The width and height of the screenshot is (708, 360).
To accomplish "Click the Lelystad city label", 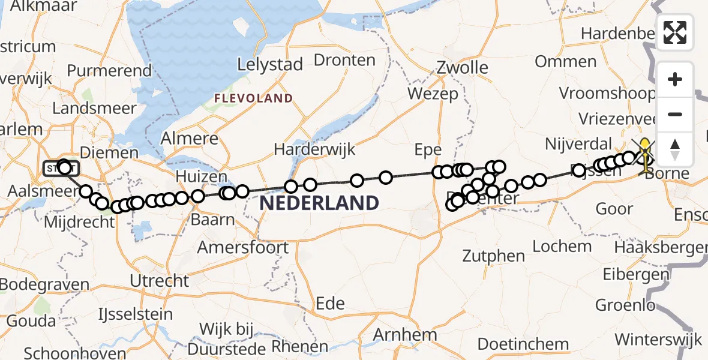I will pos(269,65).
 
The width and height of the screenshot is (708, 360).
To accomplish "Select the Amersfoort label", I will pos(243,247).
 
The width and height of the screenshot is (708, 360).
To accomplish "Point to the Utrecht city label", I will pos(159,280).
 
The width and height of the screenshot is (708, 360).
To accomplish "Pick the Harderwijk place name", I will pos(315,149).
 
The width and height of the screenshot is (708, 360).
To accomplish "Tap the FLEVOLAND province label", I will pos(254,98).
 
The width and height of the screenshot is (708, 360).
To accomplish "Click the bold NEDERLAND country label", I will pos(319,203).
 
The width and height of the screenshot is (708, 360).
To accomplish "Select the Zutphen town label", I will pos(494,256).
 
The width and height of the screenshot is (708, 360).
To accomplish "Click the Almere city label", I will pos(190,139).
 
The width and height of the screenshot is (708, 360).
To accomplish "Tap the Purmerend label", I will pos(109,71).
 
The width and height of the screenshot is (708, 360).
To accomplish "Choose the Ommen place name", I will pos(565,61).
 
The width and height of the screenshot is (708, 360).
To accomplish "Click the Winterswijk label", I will pos(658,339).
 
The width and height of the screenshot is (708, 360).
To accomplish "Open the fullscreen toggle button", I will pos(675,32).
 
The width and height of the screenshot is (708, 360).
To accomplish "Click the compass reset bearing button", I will pos(675,149).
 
